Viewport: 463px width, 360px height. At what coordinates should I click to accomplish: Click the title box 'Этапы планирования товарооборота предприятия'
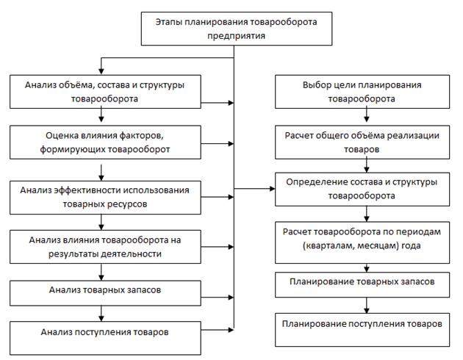click(x=234, y=27)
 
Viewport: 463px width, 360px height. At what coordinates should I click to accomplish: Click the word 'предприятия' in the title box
click(x=234, y=35)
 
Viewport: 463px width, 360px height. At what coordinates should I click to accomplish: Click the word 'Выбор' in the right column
click(x=312, y=84)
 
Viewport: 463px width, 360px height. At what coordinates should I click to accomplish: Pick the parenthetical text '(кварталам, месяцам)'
click(x=341, y=245)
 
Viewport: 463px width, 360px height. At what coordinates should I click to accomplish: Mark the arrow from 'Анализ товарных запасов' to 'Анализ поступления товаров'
click(x=100, y=312)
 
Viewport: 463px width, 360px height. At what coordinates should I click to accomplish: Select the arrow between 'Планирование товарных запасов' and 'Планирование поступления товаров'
click(x=363, y=303)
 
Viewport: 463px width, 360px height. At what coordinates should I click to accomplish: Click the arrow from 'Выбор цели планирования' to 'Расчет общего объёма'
click(x=363, y=116)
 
